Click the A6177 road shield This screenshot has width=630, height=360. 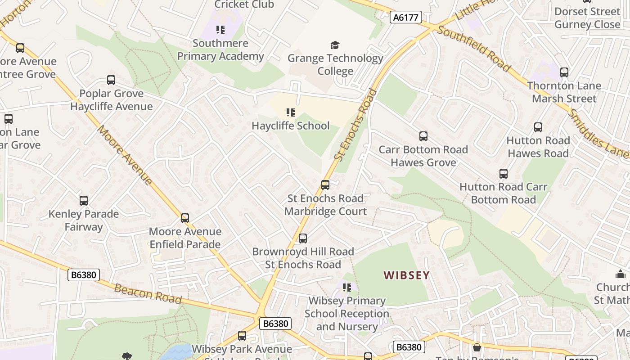tap(405, 18)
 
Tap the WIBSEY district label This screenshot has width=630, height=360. tap(406, 275)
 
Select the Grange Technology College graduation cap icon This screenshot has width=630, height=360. tap(335, 45)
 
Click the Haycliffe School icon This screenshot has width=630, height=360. tap(291, 112)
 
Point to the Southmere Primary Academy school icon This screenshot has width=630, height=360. tap(220, 30)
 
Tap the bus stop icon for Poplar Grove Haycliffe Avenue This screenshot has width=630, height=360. tap(111, 80)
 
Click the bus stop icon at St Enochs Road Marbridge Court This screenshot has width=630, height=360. tap(325, 185)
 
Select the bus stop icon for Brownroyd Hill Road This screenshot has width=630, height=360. tap(303, 238)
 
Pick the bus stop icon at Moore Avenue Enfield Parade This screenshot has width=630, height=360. tap(184, 218)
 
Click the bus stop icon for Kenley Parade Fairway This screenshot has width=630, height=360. tap(83, 201)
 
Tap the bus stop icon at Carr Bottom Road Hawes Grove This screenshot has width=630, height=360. tap(423, 136)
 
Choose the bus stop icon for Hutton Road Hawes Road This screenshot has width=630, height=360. tap(538, 127)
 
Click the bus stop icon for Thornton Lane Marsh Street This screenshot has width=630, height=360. tap(564, 72)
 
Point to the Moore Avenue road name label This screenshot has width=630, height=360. tap(124, 155)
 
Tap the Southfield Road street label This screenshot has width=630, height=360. tap(474, 49)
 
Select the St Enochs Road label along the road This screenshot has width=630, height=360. tap(355, 124)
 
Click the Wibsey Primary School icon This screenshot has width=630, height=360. tap(346, 287)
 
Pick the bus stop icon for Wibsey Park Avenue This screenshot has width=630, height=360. tap(242, 336)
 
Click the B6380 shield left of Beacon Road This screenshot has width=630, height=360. tap(84, 275)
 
